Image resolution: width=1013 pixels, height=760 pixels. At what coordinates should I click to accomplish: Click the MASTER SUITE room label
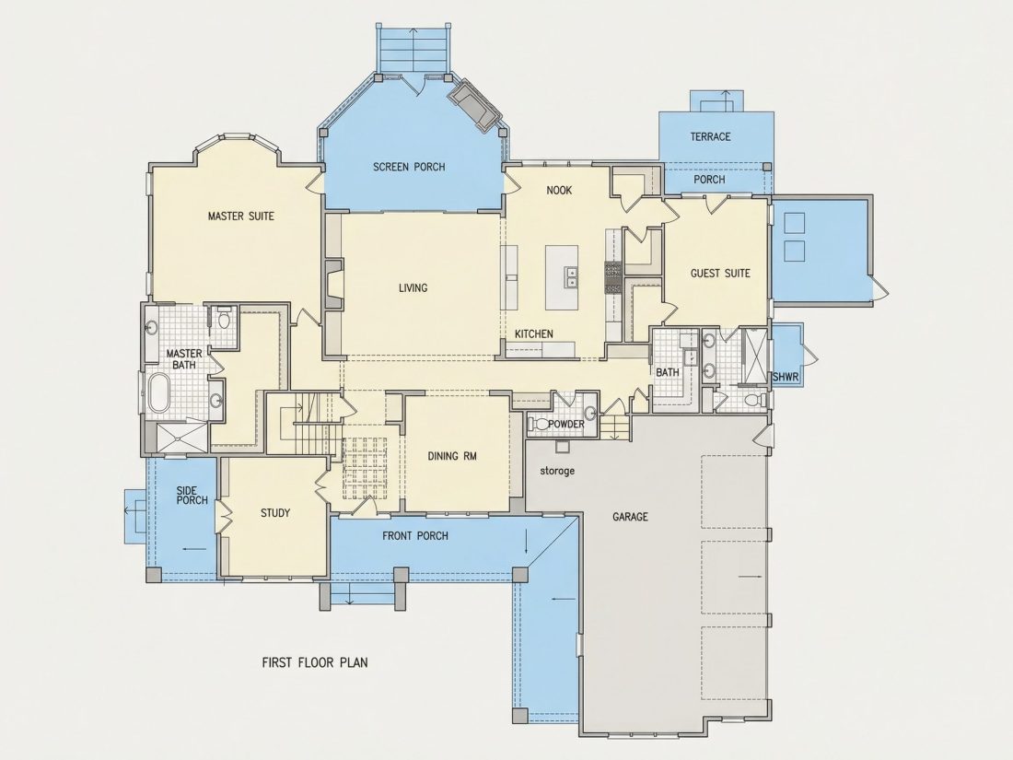point(240,216)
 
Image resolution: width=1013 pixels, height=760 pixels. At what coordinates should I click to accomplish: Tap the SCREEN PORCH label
point(409,167)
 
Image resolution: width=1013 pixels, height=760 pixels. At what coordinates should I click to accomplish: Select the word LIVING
point(413,287)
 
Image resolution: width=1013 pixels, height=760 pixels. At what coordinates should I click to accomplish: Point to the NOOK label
point(559,190)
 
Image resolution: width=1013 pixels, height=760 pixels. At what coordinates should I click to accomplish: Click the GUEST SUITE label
point(720,274)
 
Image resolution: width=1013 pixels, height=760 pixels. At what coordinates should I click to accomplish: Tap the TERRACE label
point(710,136)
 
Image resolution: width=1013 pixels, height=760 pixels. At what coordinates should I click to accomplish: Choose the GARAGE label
point(630,517)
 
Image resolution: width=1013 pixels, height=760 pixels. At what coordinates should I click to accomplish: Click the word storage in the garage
point(557,471)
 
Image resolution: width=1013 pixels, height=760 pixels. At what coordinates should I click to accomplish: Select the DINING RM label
point(452,456)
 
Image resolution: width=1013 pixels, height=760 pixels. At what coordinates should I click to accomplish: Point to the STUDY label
point(275,513)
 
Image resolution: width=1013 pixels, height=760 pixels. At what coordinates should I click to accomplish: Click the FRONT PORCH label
point(414,536)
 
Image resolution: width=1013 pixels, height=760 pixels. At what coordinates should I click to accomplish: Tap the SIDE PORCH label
point(192,495)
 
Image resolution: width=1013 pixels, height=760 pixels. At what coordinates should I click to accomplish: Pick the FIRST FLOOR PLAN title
point(315,662)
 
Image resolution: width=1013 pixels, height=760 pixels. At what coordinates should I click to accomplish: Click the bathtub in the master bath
point(158,392)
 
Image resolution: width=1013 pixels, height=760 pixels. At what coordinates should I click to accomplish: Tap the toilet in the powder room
point(538,425)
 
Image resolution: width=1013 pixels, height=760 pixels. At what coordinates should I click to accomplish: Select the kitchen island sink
point(571,277)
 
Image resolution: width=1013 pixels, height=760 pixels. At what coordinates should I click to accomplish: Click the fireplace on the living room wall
point(334,286)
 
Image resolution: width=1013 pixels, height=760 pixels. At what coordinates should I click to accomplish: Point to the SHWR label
point(786,376)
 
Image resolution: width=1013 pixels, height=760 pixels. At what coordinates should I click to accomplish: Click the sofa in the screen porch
point(475,104)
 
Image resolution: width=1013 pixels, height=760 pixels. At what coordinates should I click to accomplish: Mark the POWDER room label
point(566,424)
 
